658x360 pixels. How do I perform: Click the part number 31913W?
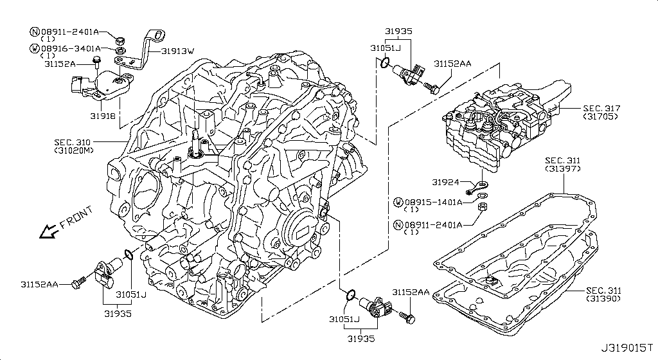pos(178,51)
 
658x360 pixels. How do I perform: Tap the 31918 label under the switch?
pos(103,115)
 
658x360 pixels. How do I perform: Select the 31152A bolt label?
pos(60,64)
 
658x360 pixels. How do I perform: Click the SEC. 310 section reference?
pos(72,142)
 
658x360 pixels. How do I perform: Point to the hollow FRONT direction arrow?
pos(48,230)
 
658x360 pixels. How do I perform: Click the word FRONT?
pos(76,217)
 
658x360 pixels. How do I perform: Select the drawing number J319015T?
pos(627,348)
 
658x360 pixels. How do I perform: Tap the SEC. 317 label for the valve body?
pos(601,109)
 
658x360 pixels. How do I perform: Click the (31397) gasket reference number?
pos(563,168)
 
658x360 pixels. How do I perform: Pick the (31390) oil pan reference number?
pos(603,299)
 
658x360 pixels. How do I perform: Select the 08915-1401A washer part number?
pos(434,203)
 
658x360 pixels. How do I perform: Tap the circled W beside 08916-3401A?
pos(35,49)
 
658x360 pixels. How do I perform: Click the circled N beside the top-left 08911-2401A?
pos(35,32)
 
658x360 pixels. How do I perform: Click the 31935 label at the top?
pos(398,31)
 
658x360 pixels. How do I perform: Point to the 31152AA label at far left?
pos(39,285)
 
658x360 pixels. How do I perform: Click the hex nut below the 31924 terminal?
pos(483,206)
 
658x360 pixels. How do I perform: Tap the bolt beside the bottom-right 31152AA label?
pos(407,317)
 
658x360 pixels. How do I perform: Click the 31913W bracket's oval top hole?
pos(159,35)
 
